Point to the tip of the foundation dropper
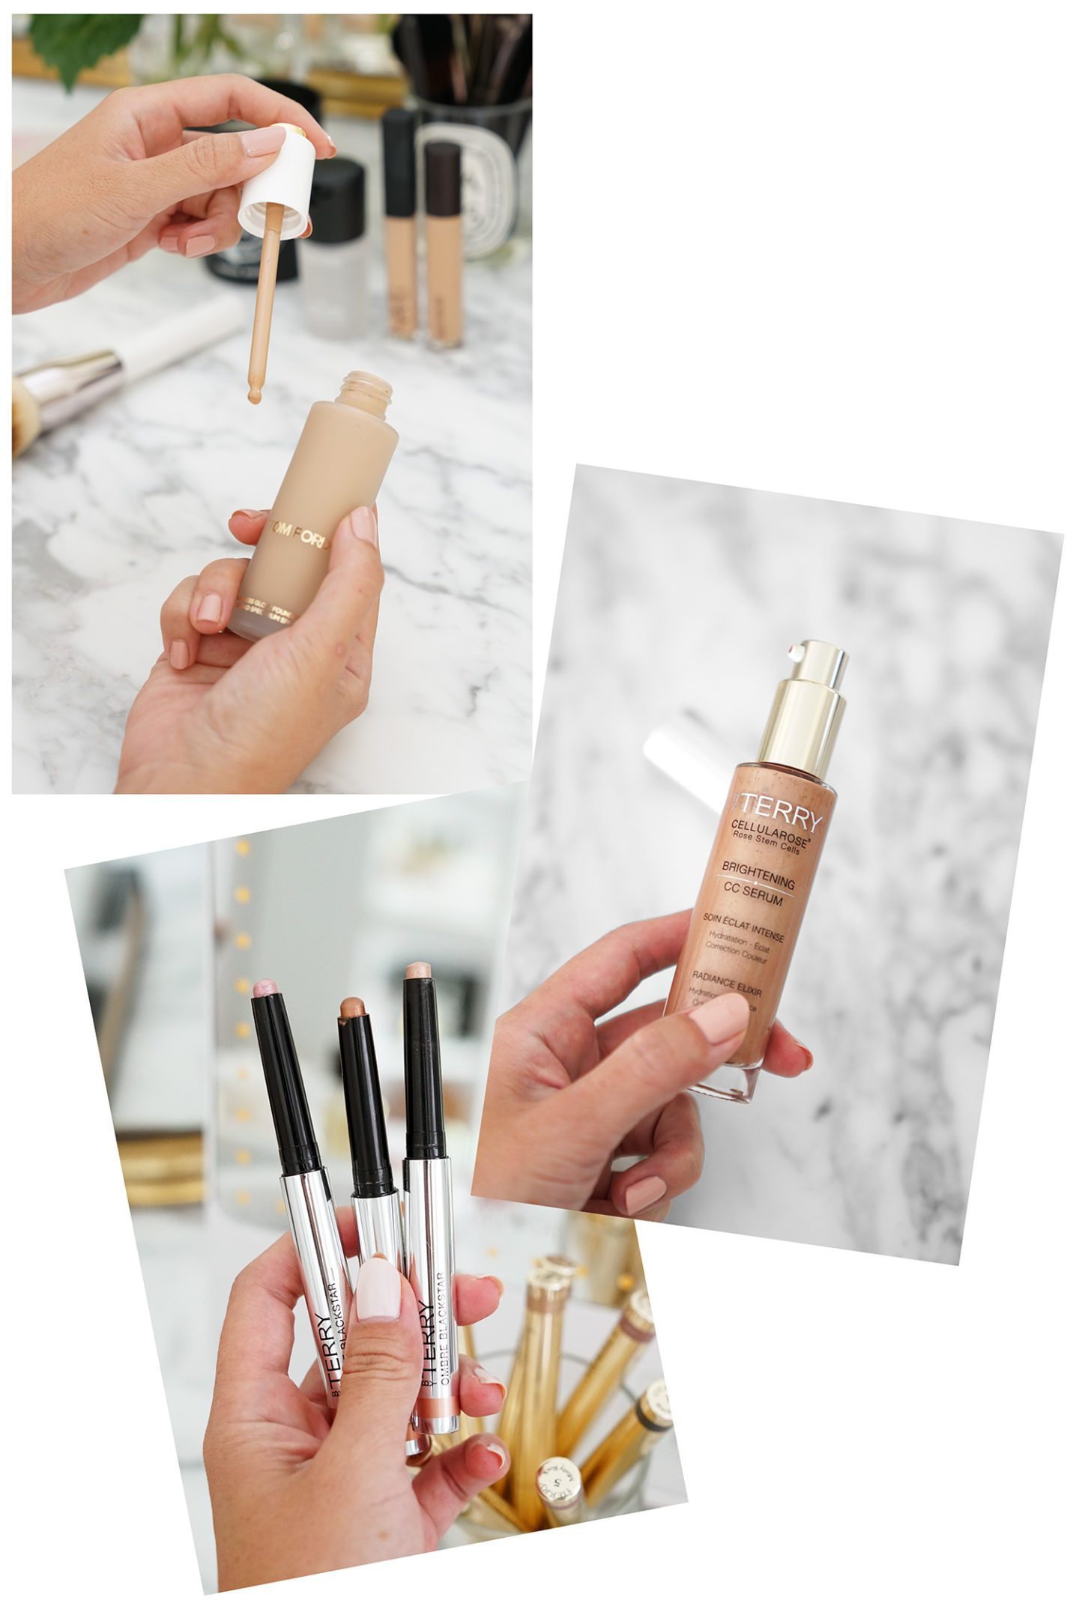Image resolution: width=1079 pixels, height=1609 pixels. (255, 395)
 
